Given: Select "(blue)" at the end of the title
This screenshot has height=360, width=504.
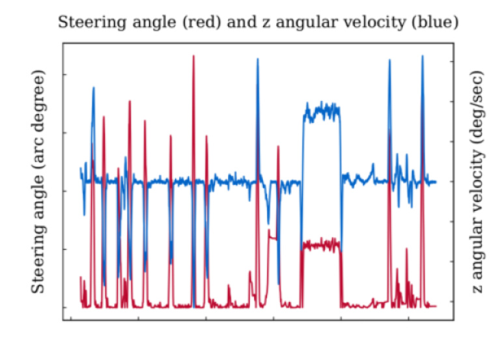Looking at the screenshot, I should [438, 22].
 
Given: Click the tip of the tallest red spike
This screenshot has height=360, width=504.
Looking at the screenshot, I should [193, 56].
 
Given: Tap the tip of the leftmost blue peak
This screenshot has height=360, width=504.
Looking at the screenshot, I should [93, 87].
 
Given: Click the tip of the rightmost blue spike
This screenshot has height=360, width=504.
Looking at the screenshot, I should [423, 56].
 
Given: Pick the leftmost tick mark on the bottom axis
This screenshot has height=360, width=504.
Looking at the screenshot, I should [70, 319].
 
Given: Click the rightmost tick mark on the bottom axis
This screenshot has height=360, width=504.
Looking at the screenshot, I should [408, 319].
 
